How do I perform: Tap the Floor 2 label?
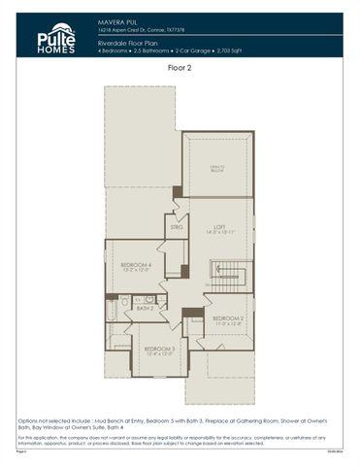(180, 69)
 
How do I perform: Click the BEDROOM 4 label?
(135, 265)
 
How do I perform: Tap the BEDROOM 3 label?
(158, 348)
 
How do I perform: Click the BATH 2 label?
(146, 308)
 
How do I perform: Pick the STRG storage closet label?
(177, 227)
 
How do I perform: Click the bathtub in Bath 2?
(113, 310)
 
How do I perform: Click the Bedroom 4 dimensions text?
(135, 272)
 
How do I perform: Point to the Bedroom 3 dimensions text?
(158, 353)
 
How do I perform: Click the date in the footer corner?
(338, 451)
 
